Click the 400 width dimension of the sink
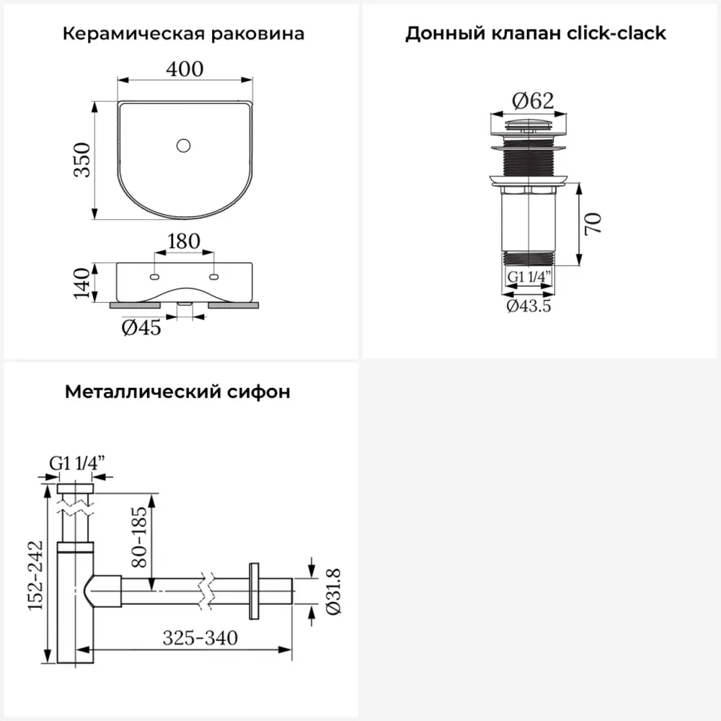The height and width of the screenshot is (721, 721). pyautogui.click(x=185, y=68)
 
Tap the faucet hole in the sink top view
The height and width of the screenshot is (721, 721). pyautogui.click(x=184, y=146)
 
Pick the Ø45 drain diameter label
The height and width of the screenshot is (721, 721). pyautogui.click(x=141, y=328)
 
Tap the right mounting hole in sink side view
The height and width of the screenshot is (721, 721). pyautogui.click(x=214, y=276)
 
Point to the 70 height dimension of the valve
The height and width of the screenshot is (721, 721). pyautogui.click(x=593, y=224)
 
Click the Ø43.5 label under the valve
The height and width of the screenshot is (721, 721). pyautogui.click(x=529, y=306)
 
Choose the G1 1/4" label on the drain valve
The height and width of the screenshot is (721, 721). pyautogui.click(x=529, y=277)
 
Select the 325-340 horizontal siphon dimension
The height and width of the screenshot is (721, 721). pyautogui.click(x=200, y=638)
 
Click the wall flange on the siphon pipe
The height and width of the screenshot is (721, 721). pyautogui.click(x=254, y=590)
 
